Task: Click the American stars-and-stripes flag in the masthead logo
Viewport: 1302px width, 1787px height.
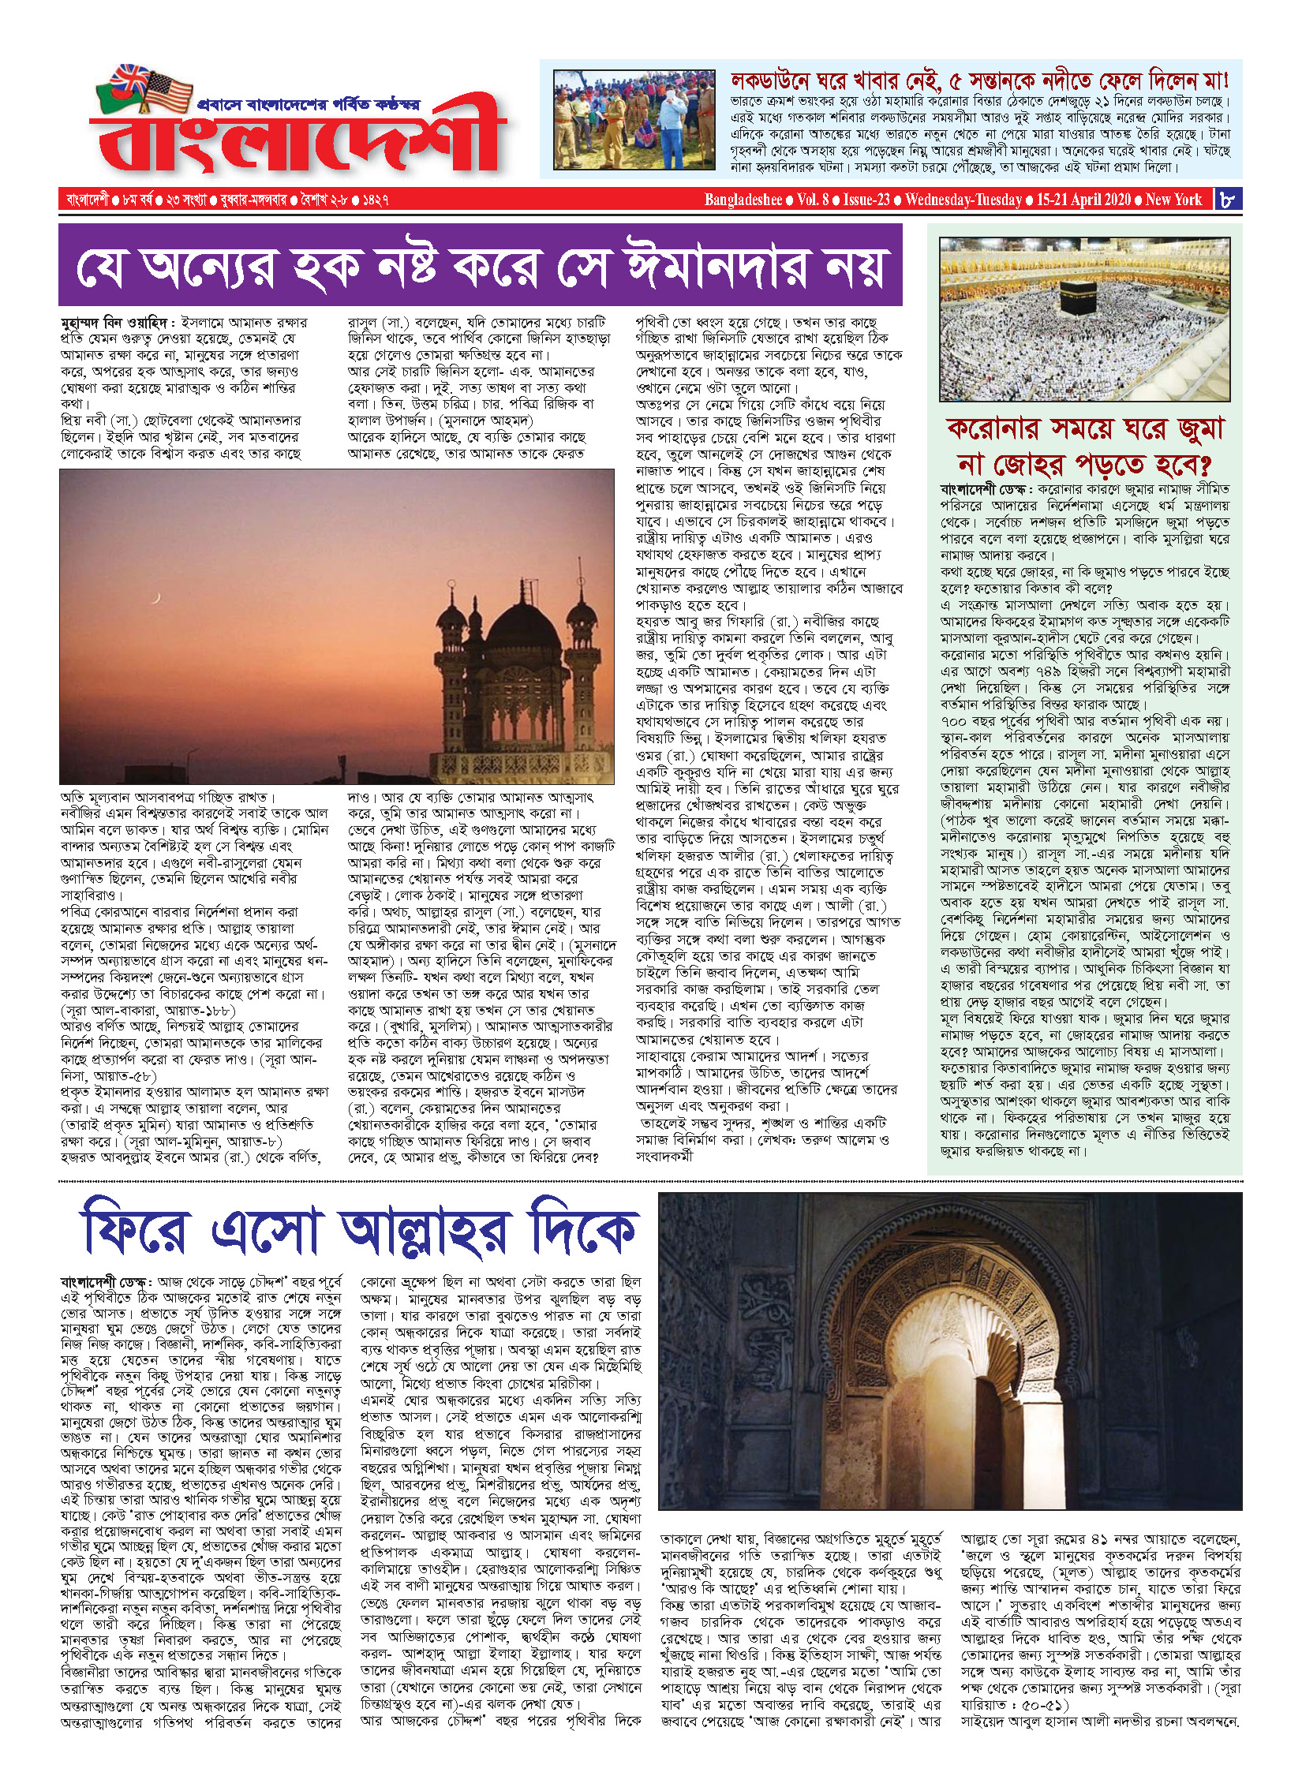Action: coord(167,89)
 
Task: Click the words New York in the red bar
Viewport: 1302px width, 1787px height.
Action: coord(1173,200)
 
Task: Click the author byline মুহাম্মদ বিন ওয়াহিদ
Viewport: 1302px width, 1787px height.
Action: coord(114,323)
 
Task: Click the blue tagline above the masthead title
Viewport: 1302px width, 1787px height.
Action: coord(309,103)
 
